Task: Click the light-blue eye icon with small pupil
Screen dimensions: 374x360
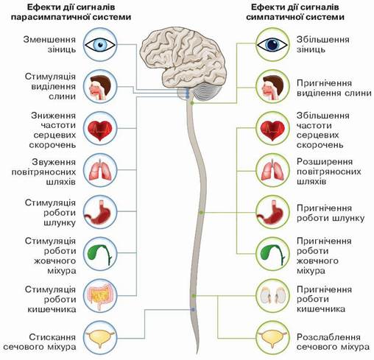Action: (x=100, y=45)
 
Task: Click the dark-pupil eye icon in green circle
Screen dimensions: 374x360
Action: (x=272, y=45)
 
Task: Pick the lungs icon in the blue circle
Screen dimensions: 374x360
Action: (x=100, y=170)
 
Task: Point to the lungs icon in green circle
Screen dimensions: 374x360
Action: (x=272, y=170)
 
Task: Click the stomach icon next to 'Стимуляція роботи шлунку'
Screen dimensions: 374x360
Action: (x=98, y=212)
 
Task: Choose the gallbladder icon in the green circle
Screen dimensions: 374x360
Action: (x=272, y=254)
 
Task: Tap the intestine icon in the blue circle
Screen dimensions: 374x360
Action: (x=100, y=297)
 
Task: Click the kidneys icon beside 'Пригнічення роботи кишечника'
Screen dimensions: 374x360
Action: (x=272, y=295)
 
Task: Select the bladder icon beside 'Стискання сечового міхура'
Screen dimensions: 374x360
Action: (x=100, y=339)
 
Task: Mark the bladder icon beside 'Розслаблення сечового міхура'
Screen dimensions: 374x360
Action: (x=272, y=339)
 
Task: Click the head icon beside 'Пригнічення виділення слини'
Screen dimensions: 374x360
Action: (x=272, y=88)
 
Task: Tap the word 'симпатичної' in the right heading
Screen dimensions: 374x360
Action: (x=273, y=17)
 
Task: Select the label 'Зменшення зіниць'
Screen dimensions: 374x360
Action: (x=49, y=44)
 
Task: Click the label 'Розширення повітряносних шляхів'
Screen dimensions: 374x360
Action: (x=329, y=172)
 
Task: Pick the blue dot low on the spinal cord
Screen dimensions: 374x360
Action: (x=194, y=310)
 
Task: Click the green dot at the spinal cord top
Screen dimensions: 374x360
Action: (x=192, y=103)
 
